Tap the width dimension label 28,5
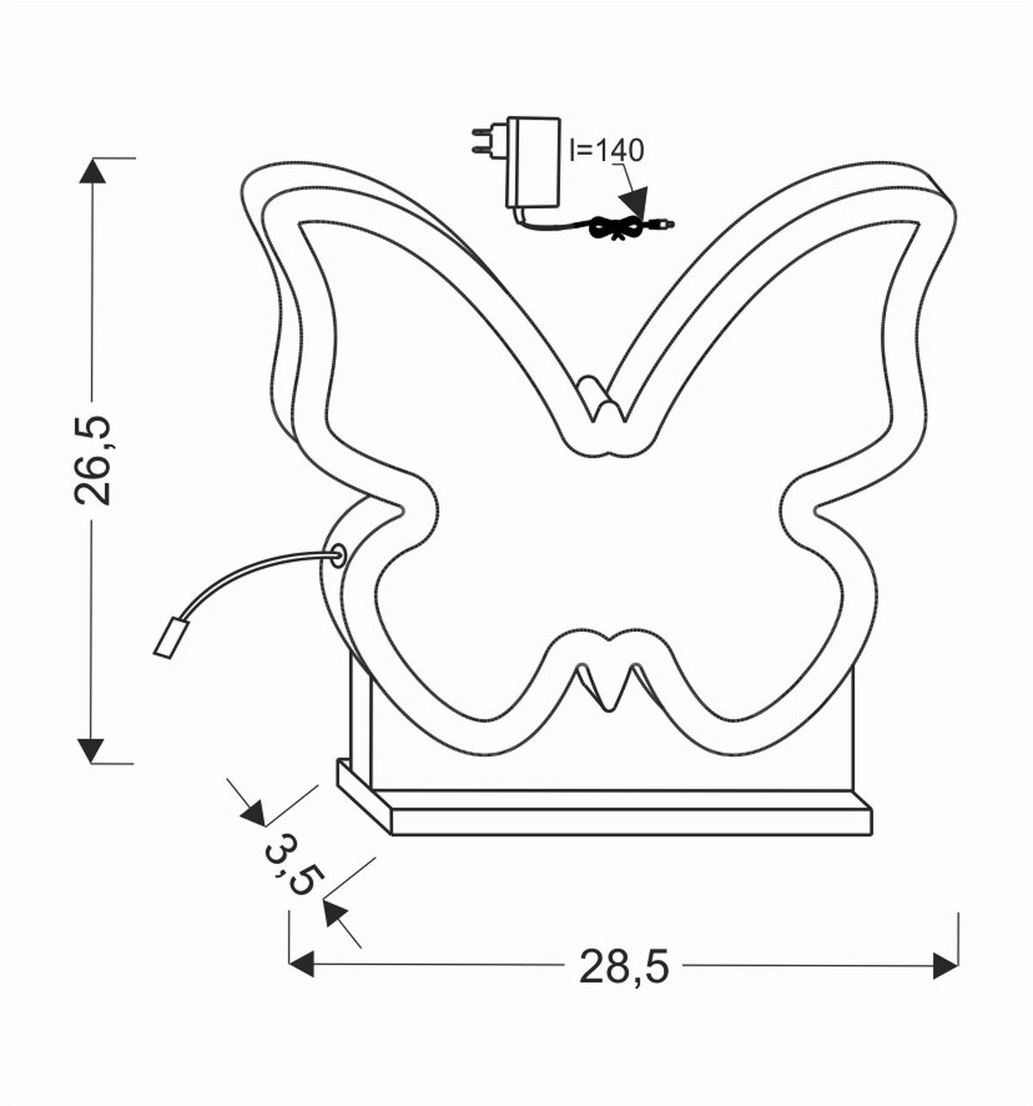(x=623, y=966)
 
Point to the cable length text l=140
(x=606, y=151)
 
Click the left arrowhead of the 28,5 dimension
(x=301, y=965)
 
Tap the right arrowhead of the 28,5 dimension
(x=946, y=965)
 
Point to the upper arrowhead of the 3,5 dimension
(x=253, y=813)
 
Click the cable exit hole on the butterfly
(x=338, y=553)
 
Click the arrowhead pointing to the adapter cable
(x=635, y=204)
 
